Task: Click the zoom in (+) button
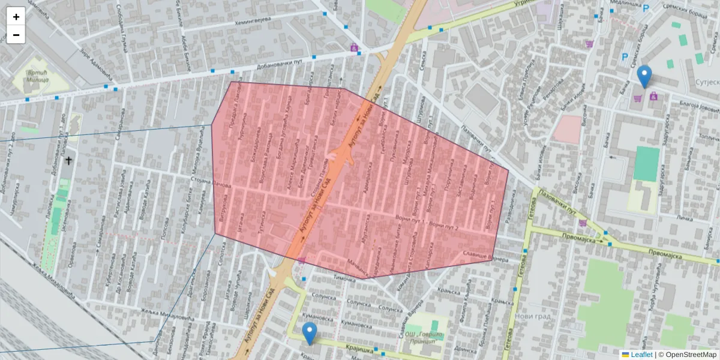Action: (x=16, y=17)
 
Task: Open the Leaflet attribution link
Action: (x=641, y=355)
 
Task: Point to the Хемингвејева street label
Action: (x=253, y=20)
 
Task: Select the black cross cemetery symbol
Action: (x=68, y=160)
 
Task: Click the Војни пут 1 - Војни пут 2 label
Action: (x=427, y=223)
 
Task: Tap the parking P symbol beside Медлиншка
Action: (x=646, y=9)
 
